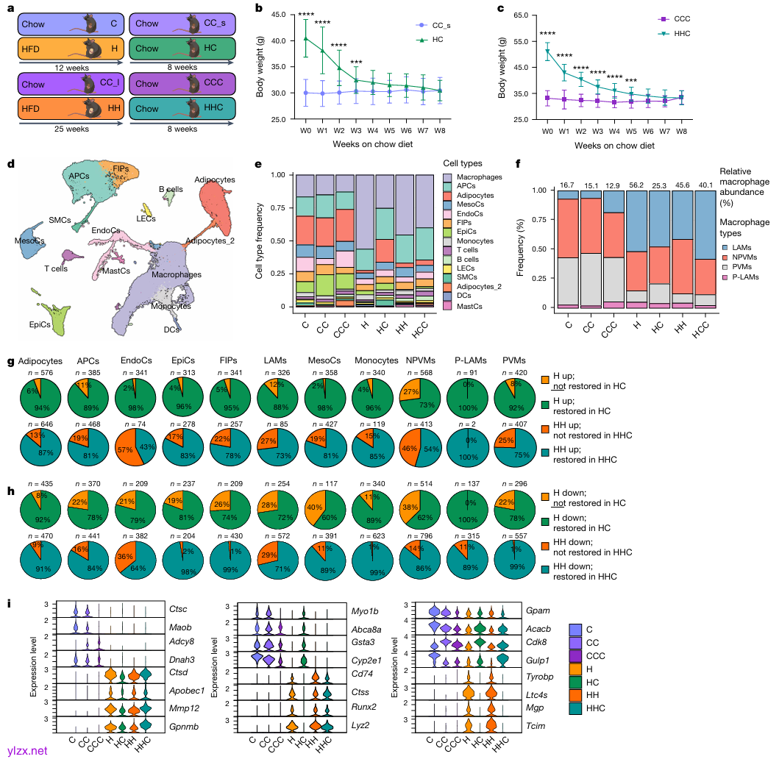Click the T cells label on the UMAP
56,268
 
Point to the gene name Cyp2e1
366,660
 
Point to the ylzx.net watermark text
26,750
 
